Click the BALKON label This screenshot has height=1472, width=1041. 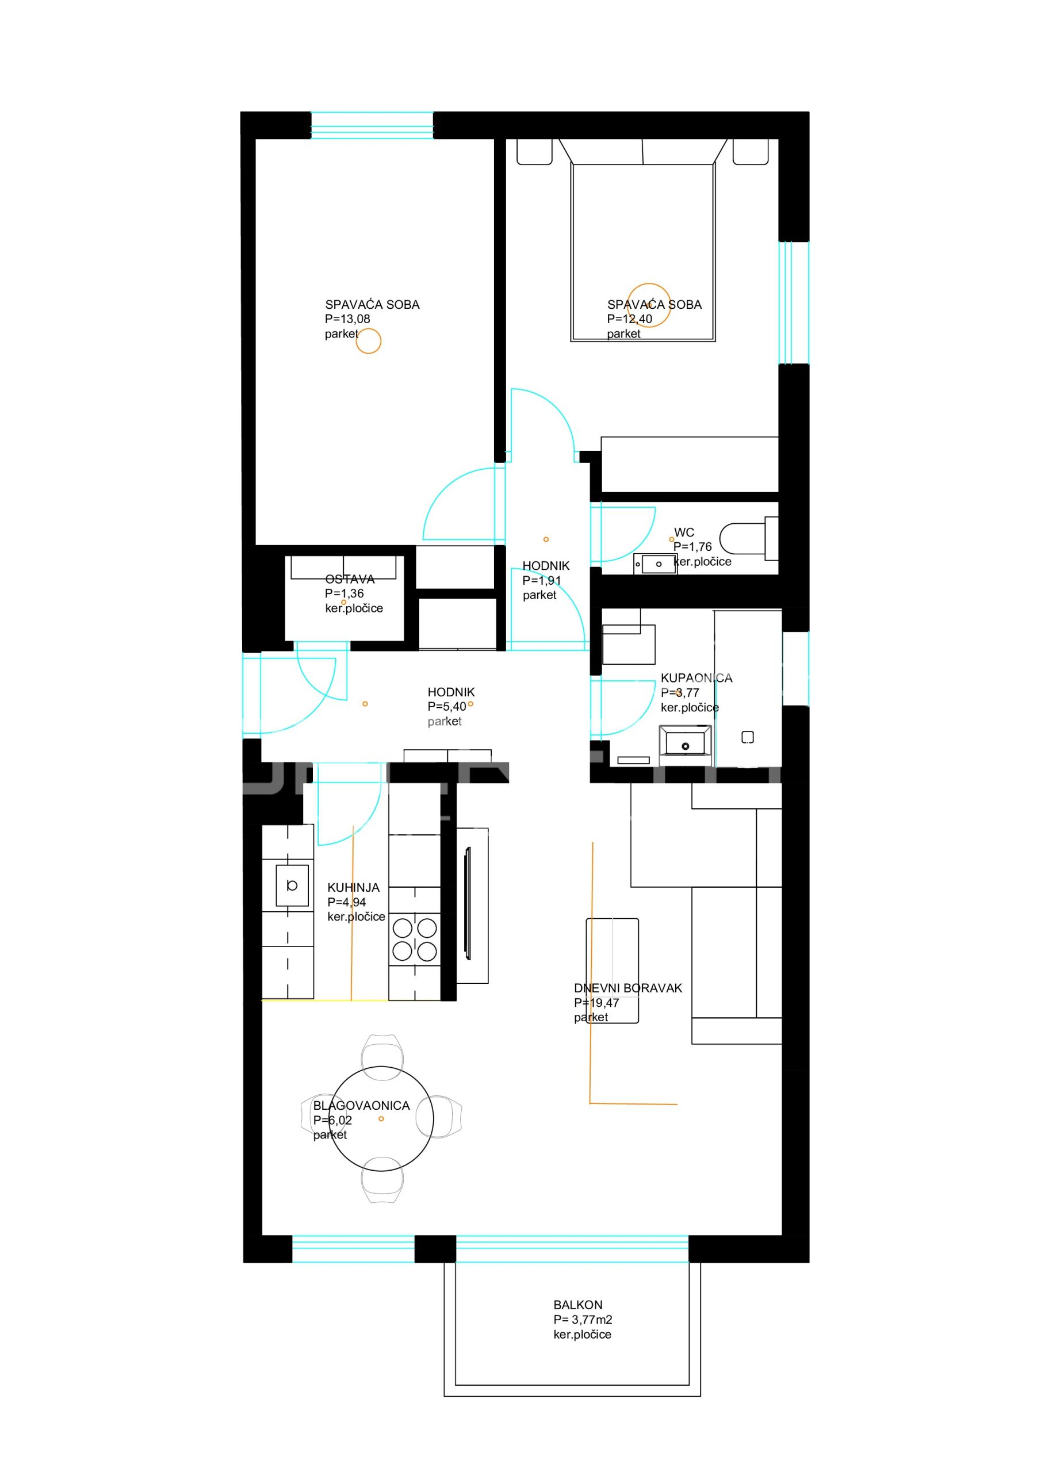tap(577, 1305)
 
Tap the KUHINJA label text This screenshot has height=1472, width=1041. tap(353, 887)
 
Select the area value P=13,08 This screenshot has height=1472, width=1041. tap(347, 319)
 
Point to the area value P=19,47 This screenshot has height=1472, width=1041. tap(596, 1003)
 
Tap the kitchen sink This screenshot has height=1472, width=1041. tap(292, 885)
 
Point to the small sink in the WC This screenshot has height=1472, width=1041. tap(655, 564)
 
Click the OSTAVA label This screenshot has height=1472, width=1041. tap(350, 579)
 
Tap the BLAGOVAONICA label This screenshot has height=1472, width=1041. tap(361, 1105)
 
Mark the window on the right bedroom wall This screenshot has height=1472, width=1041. tap(794, 302)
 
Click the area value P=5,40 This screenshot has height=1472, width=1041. tap(447, 707)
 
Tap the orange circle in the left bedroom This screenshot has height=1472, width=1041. tap(368, 341)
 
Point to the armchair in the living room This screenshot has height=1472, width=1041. tap(613, 970)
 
